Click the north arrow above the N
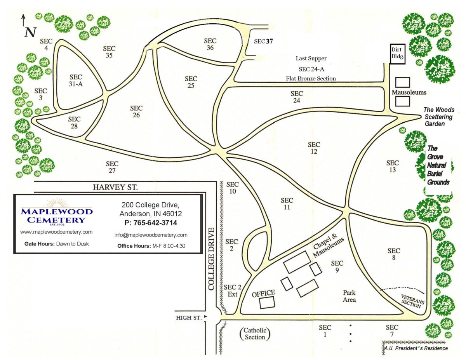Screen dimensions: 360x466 (x=24, y=19)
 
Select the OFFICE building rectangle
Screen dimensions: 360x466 (x=267, y=302)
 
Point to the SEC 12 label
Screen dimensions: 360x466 (x=314, y=148)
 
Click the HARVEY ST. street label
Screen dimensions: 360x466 (x=115, y=187)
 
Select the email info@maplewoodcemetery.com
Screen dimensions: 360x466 (x=151, y=235)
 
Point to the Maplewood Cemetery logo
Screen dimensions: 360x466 (x=57, y=212)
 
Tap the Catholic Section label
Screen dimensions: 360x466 (x=255, y=334)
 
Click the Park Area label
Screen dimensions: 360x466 (x=349, y=296)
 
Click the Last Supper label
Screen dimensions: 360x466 (x=311, y=59)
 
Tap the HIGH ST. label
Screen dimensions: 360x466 (x=189, y=317)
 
